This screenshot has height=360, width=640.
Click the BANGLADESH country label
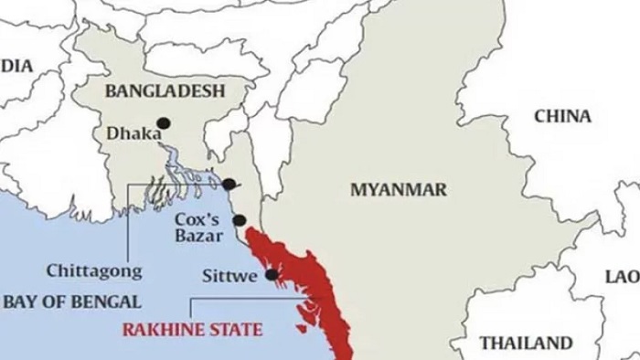click(165, 90)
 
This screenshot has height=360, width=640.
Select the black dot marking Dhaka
click(164, 122)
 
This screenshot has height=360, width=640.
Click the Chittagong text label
click(94, 270)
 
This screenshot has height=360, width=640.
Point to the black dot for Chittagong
click(229, 184)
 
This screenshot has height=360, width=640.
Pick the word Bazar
click(196, 238)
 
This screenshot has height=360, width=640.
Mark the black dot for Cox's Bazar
click(240, 220)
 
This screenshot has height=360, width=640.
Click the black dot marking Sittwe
click(272, 274)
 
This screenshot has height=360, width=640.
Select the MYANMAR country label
click(399, 190)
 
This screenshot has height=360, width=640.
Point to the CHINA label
click(562, 116)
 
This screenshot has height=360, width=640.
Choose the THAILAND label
click(527, 344)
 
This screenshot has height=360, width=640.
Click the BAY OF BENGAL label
click(70, 302)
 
